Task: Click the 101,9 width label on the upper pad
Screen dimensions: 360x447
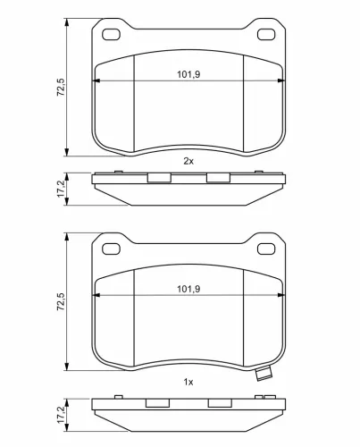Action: point(188,74)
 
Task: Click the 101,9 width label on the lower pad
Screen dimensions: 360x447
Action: point(188,289)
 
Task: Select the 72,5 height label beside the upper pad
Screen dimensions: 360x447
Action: point(61,87)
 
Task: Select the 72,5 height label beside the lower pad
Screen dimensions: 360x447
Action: point(61,301)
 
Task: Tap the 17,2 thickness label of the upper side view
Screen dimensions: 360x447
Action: point(61,189)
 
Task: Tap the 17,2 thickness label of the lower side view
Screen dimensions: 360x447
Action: point(61,415)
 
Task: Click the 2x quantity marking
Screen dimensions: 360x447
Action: point(188,161)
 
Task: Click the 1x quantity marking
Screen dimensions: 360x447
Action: point(188,382)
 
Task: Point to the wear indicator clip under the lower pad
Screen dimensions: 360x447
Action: point(264,374)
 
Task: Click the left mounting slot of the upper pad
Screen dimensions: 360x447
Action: point(111,35)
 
